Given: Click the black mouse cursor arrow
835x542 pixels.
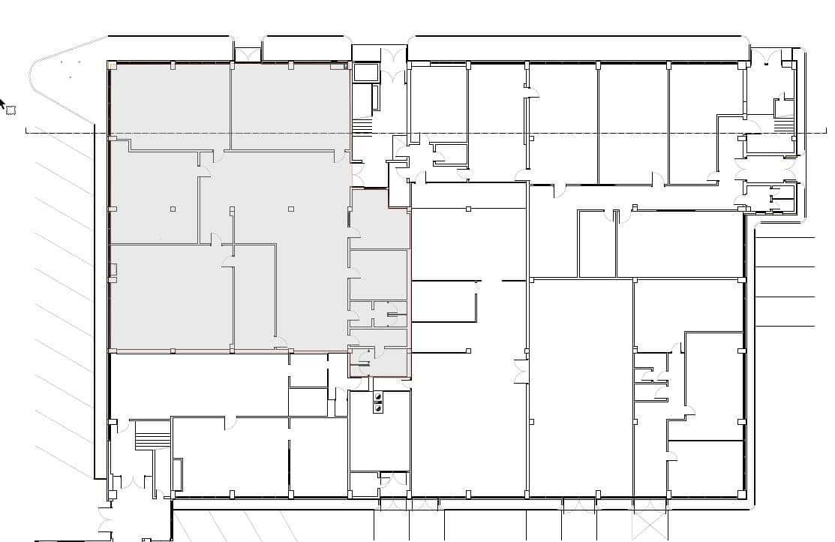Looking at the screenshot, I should (x=2, y=103).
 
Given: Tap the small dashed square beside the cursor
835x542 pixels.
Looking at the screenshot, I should (x=11, y=110).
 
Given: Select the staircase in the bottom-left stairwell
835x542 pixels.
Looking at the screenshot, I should (x=152, y=435).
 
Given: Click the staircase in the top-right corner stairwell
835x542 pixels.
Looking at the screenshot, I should (x=784, y=125).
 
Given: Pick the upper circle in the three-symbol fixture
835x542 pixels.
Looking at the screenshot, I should (x=378, y=396).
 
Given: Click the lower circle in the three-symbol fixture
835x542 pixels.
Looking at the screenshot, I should (x=378, y=410).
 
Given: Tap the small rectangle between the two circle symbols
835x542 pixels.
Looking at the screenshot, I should (x=378, y=403).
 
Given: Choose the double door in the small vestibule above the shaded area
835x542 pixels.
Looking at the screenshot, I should (x=393, y=66).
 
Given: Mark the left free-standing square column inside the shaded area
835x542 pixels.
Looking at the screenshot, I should (x=173, y=209).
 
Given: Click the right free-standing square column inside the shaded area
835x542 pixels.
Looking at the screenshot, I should (x=291, y=209).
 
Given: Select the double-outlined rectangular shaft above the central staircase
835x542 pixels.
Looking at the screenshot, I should (x=366, y=73).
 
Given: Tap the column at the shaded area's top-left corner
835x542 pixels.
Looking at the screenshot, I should (x=112, y=65).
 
